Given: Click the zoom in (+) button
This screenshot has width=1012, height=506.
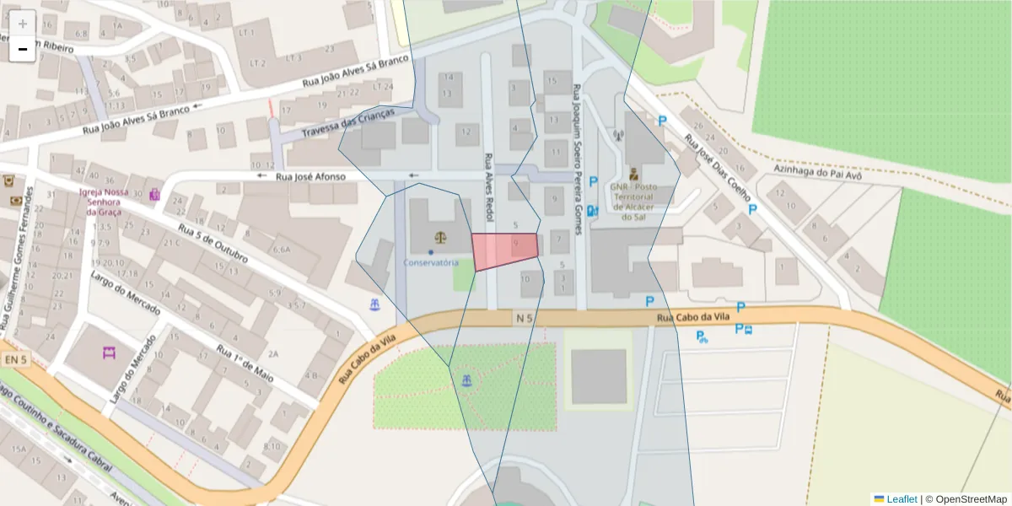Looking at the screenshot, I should tap(23, 23).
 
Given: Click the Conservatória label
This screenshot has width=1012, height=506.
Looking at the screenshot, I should tap(430, 262).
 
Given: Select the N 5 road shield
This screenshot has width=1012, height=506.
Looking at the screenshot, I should tap(524, 318).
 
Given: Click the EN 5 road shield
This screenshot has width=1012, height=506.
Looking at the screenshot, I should tap(15, 360).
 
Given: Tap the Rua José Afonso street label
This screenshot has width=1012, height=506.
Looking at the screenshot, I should tap(311, 176).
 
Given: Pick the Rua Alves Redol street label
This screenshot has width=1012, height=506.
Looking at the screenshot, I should tap(487, 187).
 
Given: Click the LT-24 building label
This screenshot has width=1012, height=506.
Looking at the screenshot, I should tap(383, 86).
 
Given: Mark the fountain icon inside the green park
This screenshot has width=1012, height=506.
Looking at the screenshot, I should tap(464, 380).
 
